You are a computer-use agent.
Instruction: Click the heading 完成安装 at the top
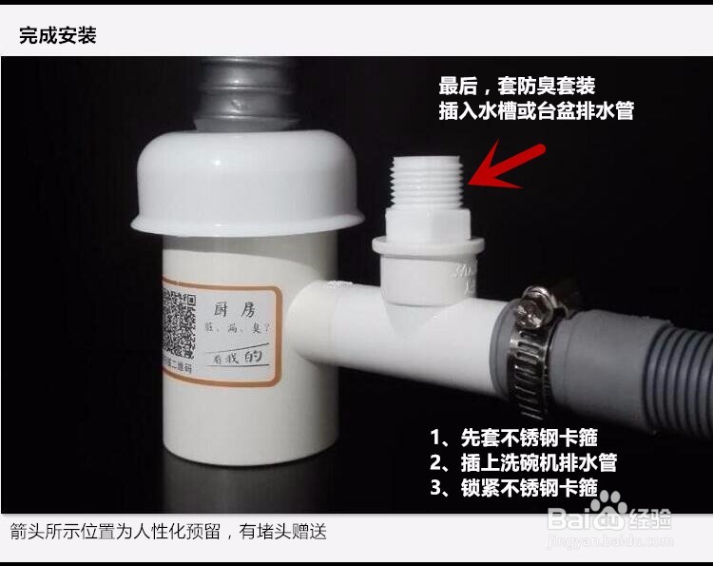pos(58,36)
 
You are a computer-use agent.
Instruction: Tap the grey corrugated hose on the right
pos(646,361)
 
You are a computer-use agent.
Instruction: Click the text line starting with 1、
pos(513,439)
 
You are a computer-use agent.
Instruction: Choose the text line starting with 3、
pos(513,488)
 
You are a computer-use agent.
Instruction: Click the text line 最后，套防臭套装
pos(517,86)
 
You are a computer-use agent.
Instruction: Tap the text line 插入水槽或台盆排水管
pos(536,110)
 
